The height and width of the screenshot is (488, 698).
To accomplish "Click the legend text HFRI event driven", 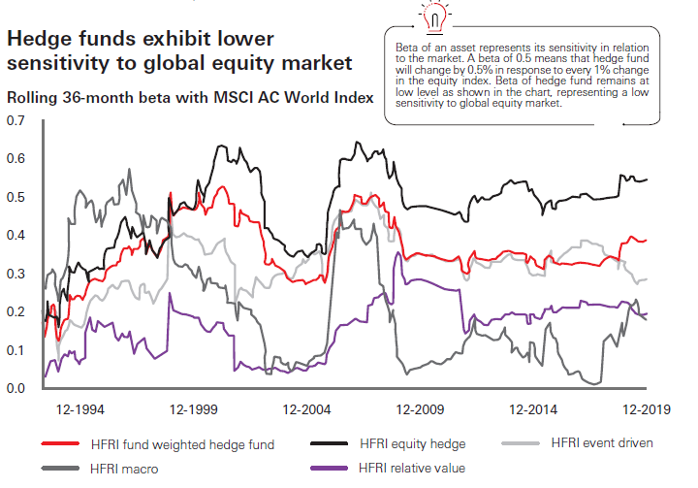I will (601, 443).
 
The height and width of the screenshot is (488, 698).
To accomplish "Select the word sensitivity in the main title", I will (61, 65).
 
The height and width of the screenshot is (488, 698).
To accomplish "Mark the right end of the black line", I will (649, 179).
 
